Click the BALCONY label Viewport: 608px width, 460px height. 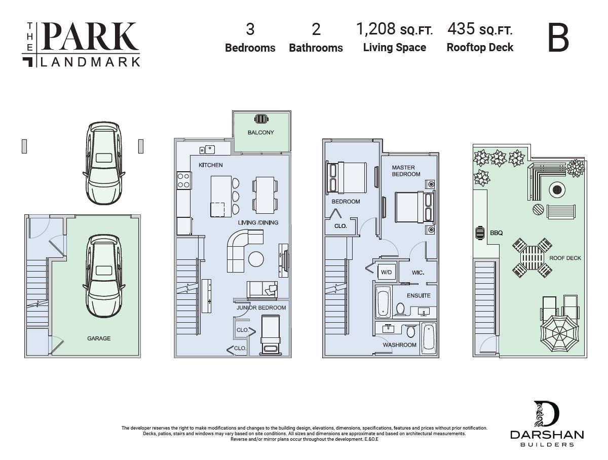tap(261, 132)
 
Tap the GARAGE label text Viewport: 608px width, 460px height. tap(99, 338)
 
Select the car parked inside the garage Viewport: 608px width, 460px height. tap(103, 276)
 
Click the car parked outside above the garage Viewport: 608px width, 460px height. tap(104, 163)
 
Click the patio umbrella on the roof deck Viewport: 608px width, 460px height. tap(559, 333)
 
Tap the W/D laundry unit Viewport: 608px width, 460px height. tap(386, 273)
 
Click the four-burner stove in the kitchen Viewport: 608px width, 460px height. tap(183, 181)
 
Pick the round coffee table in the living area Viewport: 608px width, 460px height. tap(256, 259)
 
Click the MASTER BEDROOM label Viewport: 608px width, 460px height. tap(406, 171)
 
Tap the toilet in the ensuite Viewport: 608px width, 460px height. tap(400, 309)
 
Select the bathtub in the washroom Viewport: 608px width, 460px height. tap(429, 338)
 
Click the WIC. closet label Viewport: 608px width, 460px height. tap(417, 273)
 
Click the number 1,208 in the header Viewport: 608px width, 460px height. tap(375, 29)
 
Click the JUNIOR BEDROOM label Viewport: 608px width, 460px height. tap(261, 308)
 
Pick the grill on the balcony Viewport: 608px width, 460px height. tap(261, 119)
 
